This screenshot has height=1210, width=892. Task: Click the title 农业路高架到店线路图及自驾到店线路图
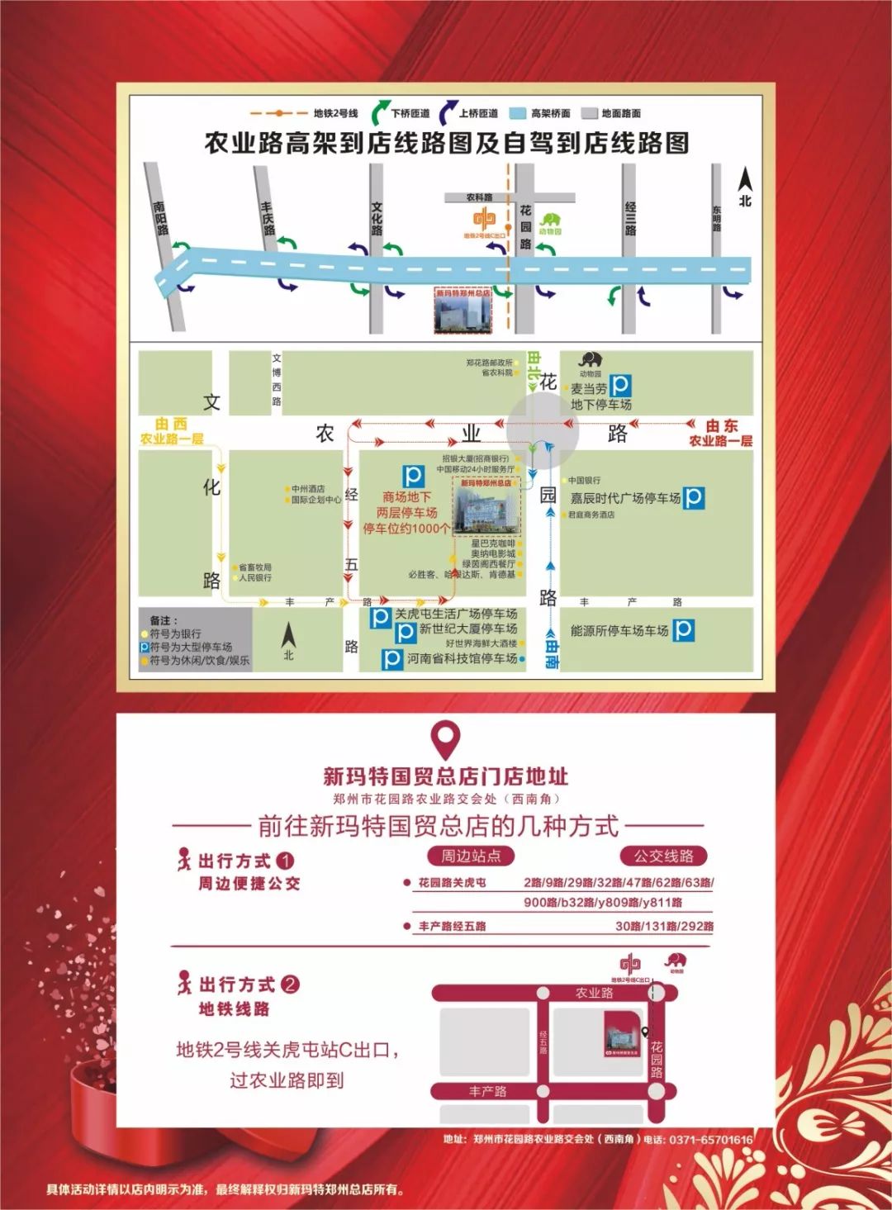[446, 143]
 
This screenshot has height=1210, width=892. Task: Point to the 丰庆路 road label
[267, 218]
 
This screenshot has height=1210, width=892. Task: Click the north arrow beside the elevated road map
[745, 187]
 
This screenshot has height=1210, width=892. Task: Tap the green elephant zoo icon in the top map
[550, 221]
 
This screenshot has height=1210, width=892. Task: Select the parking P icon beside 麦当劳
[620, 385]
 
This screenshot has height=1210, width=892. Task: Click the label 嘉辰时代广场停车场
[625, 498]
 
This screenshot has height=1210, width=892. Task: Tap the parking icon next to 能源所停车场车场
[683, 630]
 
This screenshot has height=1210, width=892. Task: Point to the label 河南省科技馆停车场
[462, 658]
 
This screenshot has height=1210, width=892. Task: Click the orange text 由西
[171, 424]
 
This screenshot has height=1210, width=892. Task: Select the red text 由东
[722, 425]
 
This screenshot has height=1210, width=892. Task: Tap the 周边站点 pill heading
[471, 856]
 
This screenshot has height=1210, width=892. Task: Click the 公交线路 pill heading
[663, 856]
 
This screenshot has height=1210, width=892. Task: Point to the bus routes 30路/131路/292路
[664, 926]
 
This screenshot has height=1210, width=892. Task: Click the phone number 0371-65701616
[711, 1140]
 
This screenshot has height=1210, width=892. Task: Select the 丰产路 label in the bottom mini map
[487, 1091]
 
